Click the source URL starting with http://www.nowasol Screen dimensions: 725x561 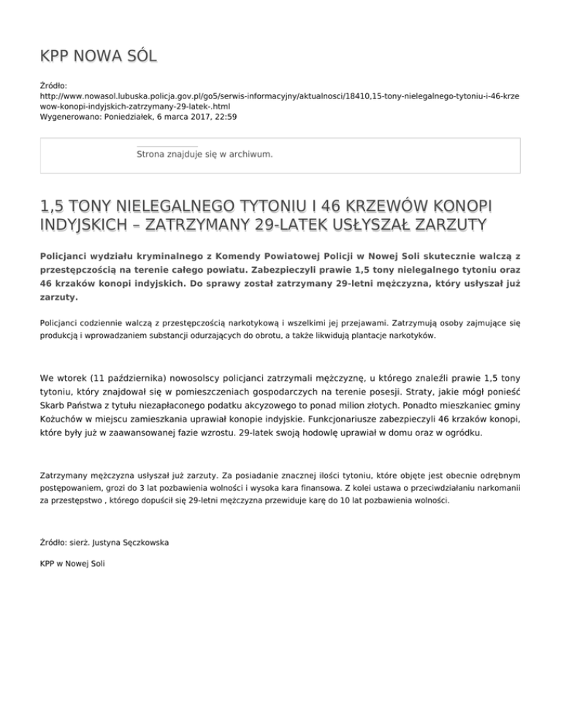pos(280,96)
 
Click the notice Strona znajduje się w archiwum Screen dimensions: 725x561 pos(205,155)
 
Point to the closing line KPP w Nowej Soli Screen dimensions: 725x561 pos(73,565)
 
